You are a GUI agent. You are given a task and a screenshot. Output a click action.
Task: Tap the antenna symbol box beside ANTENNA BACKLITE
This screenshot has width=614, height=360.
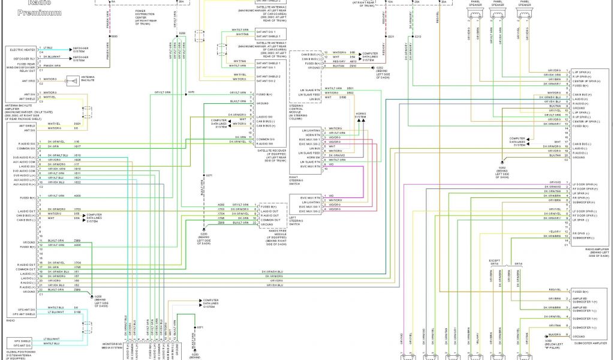pos(73,80)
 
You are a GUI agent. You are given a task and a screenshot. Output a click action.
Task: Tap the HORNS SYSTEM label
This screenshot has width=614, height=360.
pos(360,116)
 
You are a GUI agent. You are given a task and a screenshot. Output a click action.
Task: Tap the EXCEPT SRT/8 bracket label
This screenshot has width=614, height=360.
pos(493,263)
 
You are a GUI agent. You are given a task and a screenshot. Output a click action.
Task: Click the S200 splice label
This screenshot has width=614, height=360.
pos(182,34)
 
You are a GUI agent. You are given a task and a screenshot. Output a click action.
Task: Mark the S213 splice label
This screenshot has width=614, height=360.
pos(418,37)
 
